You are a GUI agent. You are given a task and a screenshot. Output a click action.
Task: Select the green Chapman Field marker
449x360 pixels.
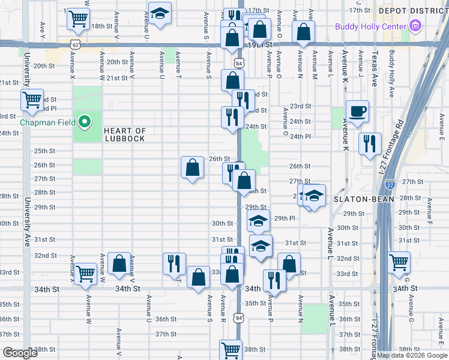pos(85,122)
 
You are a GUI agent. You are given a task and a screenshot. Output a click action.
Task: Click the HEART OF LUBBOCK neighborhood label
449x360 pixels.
pos(124,135)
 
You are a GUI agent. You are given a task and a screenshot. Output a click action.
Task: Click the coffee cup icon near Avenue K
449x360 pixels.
pos(357,111)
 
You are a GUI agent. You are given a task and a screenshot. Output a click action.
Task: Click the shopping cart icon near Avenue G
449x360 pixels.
pos(399,262)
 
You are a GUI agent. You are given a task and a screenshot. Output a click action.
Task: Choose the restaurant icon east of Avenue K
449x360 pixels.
pos(369,143)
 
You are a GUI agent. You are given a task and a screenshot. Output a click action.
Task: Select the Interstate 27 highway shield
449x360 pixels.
pos(390,185)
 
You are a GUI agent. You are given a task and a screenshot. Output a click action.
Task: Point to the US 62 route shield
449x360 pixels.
pos(74,44)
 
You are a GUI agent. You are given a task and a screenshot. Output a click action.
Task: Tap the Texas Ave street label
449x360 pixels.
pos(374,71)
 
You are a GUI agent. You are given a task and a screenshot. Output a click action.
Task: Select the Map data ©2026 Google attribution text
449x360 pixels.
pos(412,355)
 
